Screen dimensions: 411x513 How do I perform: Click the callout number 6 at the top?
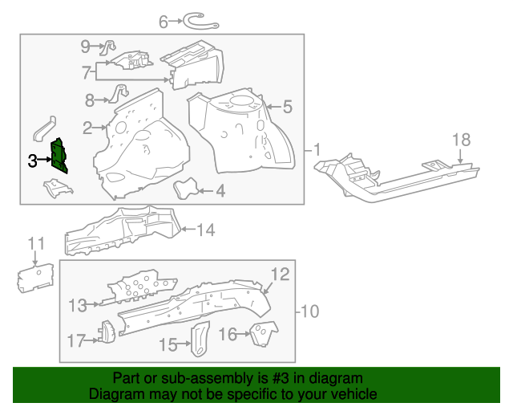click(x=164, y=22)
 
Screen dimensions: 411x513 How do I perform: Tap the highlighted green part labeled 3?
click(x=59, y=156)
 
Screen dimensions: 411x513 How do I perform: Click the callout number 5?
click(x=287, y=106)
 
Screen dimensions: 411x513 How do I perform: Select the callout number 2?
click(x=87, y=127)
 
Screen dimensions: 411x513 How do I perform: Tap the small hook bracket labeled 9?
click(x=111, y=47)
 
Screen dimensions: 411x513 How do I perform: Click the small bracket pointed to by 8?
click(x=119, y=93)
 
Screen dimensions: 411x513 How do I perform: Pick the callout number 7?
click(x=87, y=73)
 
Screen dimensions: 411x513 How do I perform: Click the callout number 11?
click(x=36, y=243)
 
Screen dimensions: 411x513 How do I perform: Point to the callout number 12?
click(x=278, y=275)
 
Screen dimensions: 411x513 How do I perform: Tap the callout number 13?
click(x=77, y=304)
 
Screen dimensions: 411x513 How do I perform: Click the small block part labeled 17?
click(x=104, y=332)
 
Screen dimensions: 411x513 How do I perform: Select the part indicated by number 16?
click(x=261, y=333)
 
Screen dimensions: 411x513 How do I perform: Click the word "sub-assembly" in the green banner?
click(x=195, y=378)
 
